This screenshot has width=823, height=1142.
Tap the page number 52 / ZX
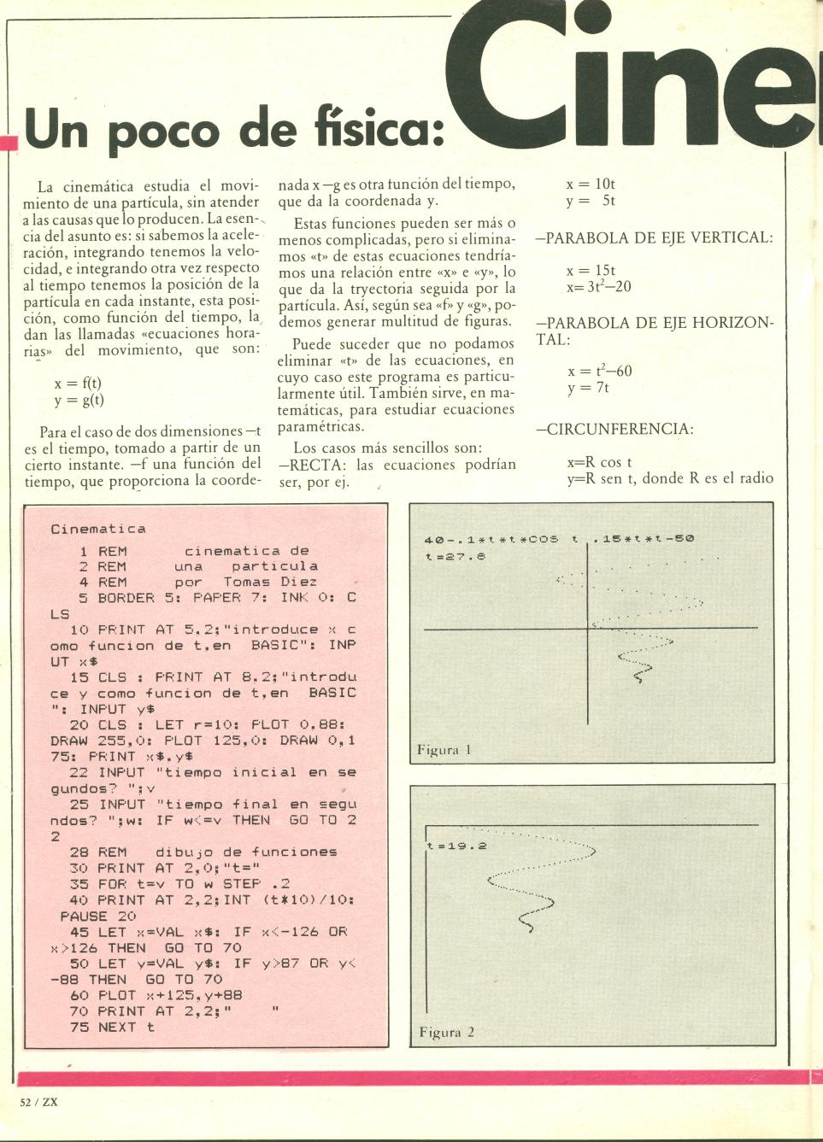[x=38, y=1102]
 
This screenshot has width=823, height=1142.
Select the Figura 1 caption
[x=444, y=750]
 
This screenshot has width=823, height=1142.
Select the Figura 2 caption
[x=446, y=1032]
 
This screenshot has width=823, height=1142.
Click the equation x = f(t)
[x=78, y=383]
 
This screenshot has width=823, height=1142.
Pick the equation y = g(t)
[x=79, y=399]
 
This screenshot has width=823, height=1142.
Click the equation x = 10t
[x=591, y=184]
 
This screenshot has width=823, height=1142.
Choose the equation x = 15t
[x=591, y=270]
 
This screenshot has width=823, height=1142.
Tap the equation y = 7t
[x=588, y=388]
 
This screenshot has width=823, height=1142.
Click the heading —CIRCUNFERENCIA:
[x=614, y=429]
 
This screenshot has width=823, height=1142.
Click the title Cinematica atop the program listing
[x=97, y=529]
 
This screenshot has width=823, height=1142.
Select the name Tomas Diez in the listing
[x=270, y=582]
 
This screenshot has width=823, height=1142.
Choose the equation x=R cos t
[x=599, y=462]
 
